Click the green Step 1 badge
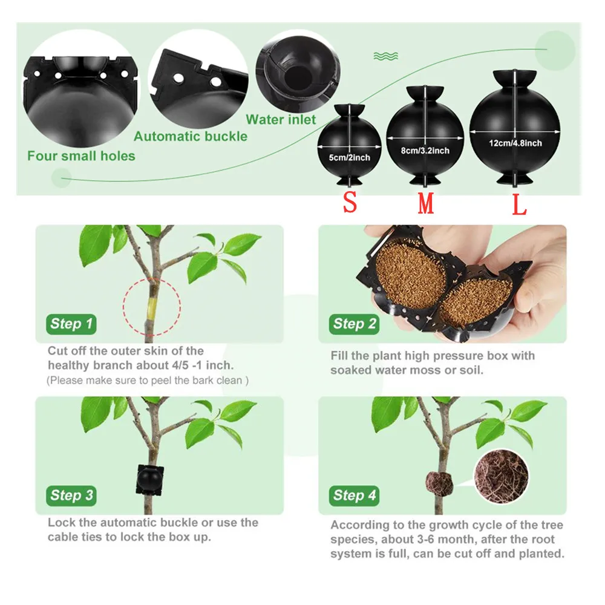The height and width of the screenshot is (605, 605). [71, 324]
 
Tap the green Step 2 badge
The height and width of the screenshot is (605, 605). [355, 324]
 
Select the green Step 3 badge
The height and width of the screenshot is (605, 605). [71, 495]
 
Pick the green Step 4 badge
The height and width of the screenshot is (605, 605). [355, 495]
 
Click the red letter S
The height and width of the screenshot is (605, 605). [350, 203]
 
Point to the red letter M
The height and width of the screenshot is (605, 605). [426, 204]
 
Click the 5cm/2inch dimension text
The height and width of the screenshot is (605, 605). [349, 157]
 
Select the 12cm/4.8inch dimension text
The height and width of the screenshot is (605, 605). [515, 143]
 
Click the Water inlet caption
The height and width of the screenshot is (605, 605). [281, 120]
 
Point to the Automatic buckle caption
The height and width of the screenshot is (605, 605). [191, 136]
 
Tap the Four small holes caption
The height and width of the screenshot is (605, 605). [81, 155]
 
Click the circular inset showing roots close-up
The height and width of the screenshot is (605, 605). [500, 475]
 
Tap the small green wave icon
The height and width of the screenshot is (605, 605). [385, 56]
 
